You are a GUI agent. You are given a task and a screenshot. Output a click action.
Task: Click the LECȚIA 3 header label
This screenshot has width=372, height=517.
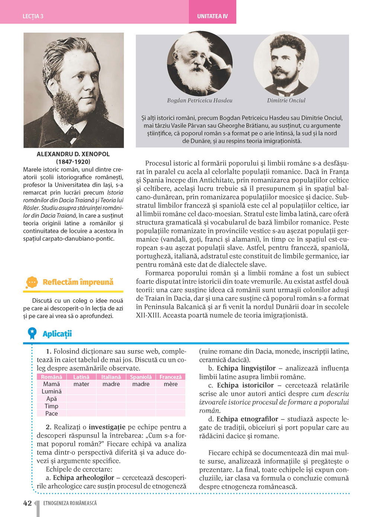33,16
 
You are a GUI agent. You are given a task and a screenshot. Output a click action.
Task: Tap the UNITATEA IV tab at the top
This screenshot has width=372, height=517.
212,16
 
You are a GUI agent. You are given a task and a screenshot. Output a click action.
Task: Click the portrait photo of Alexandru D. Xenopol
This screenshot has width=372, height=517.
74,90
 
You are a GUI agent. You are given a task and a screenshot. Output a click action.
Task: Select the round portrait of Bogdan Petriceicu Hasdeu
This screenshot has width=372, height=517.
200,64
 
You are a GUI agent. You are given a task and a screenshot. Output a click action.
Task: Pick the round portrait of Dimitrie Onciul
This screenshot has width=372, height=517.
286,64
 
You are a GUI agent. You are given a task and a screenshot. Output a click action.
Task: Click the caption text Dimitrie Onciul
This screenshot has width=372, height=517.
286,100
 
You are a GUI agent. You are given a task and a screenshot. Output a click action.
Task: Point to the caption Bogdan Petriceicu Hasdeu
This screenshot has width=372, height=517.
200,100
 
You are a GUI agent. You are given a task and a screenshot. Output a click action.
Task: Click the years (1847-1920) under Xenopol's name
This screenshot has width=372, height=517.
73,162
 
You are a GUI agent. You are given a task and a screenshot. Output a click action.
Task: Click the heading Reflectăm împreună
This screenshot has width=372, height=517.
78,282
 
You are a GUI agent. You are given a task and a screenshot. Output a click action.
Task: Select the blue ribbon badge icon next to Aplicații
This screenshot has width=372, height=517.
32,333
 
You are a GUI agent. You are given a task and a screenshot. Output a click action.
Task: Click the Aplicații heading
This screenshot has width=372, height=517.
57,334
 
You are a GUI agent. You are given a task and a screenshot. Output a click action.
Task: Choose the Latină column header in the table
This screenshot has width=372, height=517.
81,377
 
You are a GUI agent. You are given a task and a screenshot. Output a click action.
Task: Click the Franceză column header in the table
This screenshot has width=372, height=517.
170,377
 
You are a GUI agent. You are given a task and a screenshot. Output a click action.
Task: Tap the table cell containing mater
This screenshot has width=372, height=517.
81,384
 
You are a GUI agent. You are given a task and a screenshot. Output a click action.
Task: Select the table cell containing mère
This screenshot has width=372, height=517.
170,384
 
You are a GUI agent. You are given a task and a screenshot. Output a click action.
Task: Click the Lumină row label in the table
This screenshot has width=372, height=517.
51,391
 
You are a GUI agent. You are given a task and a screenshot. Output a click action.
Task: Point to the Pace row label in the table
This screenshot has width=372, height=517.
51,414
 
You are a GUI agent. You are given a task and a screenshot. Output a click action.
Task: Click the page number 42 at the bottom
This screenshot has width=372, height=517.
28,503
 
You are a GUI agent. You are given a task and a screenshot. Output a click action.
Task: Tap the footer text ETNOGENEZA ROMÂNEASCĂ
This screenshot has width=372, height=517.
70,503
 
